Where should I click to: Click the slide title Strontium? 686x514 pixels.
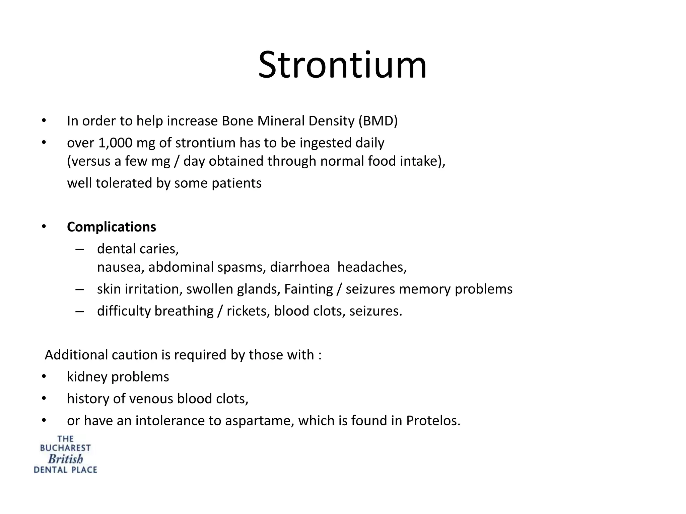(x=342, y=65)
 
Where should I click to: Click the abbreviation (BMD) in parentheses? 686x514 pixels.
(x=378, y=121)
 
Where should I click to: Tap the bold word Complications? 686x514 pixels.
(x=112, y=227)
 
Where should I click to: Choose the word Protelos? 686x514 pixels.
(x=433, y=421)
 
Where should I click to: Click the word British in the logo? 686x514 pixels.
(x=65, y=459)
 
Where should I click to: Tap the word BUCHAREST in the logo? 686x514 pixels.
(x=65, y=448)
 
